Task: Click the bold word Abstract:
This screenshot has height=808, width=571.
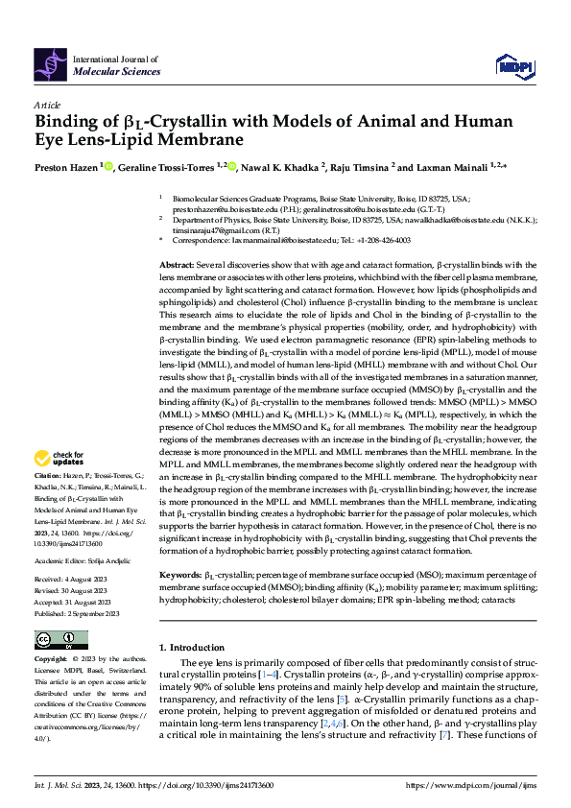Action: point(178,263)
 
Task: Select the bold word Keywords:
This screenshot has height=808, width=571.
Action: point(181,574)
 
